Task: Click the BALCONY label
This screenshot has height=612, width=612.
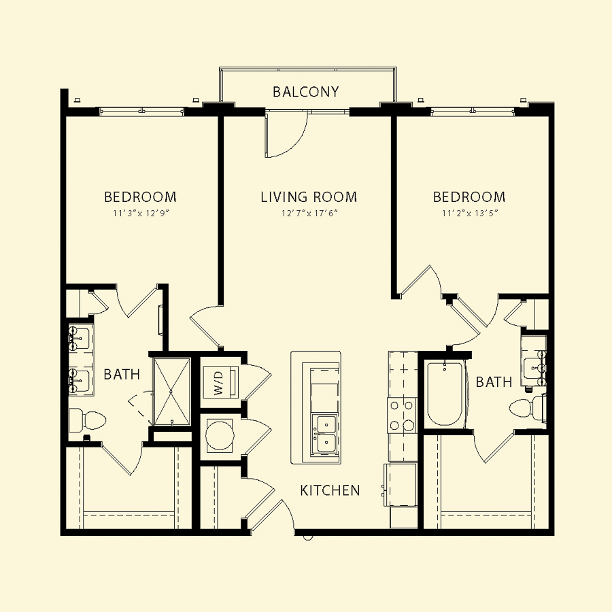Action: coord(305,92)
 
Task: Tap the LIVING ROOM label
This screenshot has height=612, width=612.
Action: coord(309,197)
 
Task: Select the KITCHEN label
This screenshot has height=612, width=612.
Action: coord(330,490)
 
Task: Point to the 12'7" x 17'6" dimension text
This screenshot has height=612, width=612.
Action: coord(309,214)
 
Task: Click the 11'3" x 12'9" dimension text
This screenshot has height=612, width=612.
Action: coord(141,214)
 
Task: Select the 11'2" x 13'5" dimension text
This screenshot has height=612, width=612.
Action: coord(470,214)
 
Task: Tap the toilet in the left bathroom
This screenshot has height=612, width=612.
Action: coord(87,421)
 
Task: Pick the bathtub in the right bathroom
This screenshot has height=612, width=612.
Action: coord(445,394)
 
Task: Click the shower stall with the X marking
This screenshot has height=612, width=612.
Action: coord(171,392)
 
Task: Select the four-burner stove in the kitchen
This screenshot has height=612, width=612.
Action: coord(402,415)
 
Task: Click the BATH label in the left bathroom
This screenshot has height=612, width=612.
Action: coord(122,375)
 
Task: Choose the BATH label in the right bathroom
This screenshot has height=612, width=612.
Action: coord(494,381)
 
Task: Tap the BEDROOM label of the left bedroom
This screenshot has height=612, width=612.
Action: coord(140,197)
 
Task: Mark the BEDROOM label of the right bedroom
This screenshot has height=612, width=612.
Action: coord(469,197)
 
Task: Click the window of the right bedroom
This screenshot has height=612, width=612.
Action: coord(473,112)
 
